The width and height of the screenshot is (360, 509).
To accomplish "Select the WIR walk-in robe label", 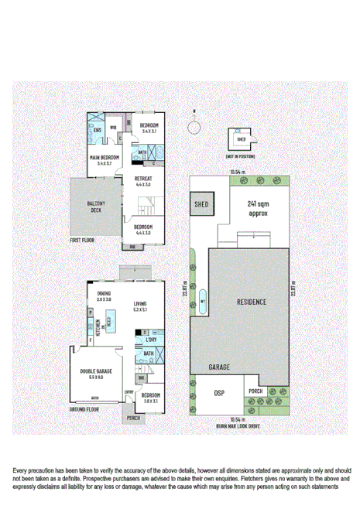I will [113, 128].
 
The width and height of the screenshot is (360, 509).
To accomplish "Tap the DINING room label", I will [104, 293].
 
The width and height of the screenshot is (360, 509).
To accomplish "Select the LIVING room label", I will [141, 303].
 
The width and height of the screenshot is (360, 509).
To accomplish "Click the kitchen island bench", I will [111, 319].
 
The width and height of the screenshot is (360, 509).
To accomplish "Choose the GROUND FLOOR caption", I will [85, 408].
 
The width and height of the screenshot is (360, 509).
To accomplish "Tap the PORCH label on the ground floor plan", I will [133, 418].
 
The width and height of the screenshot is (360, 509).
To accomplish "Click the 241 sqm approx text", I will [257, 208].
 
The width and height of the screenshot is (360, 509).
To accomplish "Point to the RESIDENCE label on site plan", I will [251, 302].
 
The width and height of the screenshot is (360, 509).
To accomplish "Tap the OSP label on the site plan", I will [218, 393].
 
